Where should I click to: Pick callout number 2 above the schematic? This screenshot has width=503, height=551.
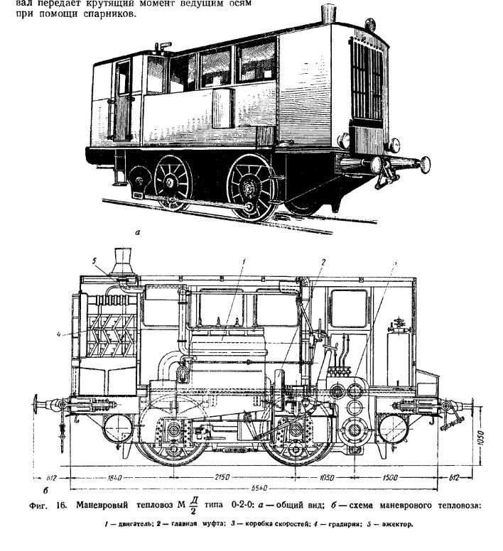click(321, 261)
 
